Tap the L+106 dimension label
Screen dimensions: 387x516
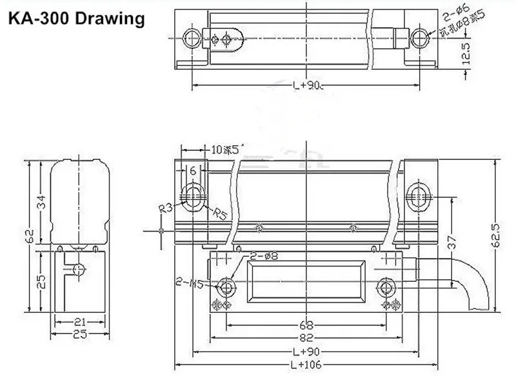(305, 366)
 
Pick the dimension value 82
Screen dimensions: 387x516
(305, 336)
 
